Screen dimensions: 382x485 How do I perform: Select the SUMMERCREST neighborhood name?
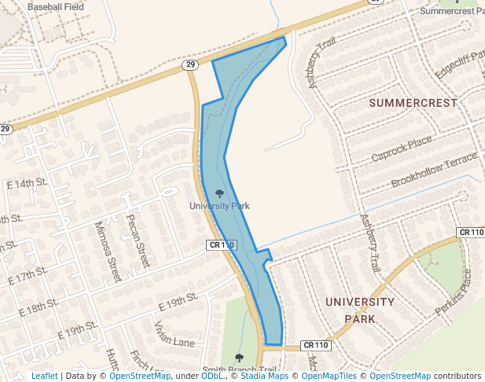413,103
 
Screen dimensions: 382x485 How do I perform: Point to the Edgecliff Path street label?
461,65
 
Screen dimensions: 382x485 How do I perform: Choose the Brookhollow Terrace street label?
434,171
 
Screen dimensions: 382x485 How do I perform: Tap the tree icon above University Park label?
219,193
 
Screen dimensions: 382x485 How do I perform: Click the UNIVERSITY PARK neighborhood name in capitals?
359,310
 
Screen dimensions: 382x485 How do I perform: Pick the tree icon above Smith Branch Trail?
239,358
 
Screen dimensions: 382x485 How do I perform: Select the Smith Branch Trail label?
239,370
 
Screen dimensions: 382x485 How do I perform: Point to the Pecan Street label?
138,240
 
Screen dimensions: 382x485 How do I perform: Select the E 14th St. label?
27,183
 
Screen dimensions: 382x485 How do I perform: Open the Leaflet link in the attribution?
44,376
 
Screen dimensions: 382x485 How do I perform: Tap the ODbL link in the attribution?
212,376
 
